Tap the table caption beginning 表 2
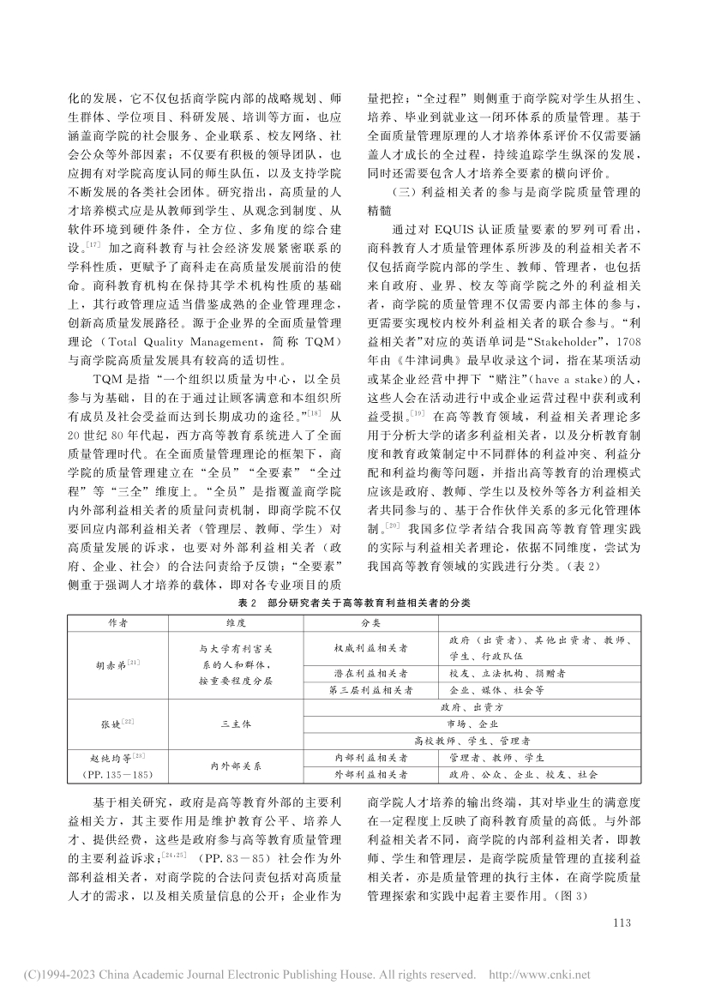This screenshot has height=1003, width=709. pyautogui.click(x=353, y=603)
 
